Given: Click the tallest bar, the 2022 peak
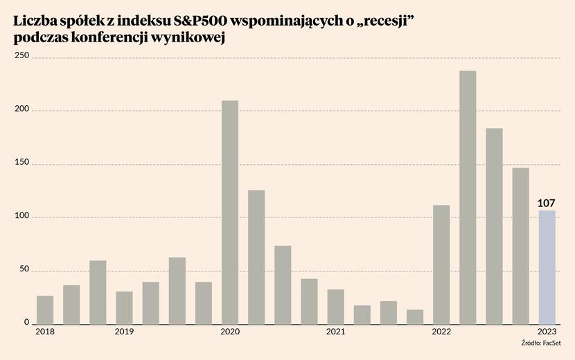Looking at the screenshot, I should coord(468,197).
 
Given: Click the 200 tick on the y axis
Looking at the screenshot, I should coord(21,109).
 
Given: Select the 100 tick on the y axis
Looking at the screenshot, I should coord(21,216).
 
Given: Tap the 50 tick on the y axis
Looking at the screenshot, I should coord(24,269).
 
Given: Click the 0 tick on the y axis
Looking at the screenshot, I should coord(26,323).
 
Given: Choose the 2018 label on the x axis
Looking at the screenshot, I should coord(45,333).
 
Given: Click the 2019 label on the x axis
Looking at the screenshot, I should coord(124,333).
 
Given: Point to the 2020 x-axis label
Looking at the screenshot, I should coord(230,333).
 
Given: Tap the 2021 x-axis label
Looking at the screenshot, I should coord(335,333).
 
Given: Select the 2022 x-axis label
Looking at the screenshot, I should coord(441,333).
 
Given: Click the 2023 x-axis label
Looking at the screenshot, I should coord(547,333).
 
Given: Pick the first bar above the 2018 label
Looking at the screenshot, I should coord(45,309).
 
